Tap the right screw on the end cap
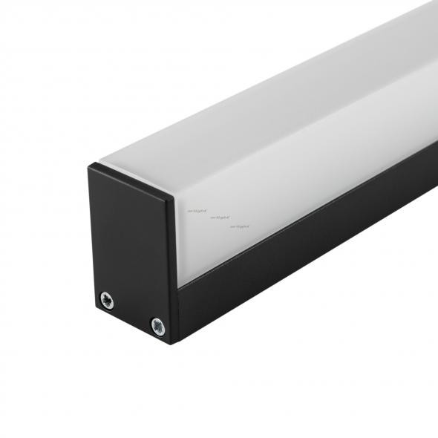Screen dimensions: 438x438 coord(157,324)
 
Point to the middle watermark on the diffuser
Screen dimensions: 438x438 coord(220,218)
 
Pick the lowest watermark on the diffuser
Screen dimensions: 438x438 coord(239,226)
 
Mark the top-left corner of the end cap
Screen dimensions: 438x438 coord(88,166)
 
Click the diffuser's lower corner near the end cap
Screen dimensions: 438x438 coord(180,284)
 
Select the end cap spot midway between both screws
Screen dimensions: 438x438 coord(132,312)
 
